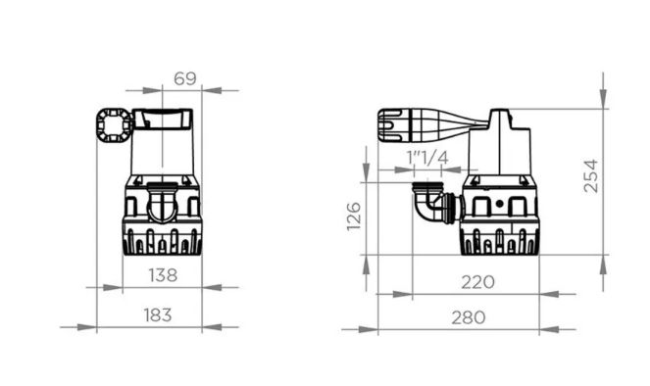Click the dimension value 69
click(x=185, y=78)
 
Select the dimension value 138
click(x=163, y=275)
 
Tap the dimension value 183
click(x=158, y=315)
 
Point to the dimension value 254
click(x=591, y=176)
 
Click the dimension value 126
click(x=354, y=217)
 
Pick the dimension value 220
click(x=478, y=282)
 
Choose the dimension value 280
click(x=469, y=317)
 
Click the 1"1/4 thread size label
click(x=427, y=158)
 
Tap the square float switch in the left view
click(x=114, y=125)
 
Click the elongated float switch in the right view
click(x=431, y=126)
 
